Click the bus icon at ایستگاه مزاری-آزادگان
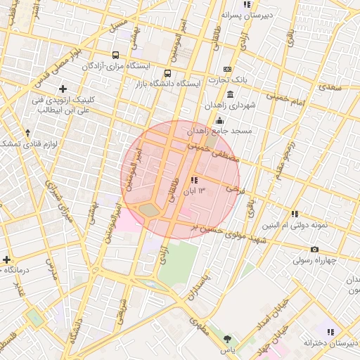[115, 55]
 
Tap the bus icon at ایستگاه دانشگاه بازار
[167, 73]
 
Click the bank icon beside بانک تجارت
[227, 69]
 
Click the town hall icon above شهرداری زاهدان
[231, 94]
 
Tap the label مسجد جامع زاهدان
[219, 131]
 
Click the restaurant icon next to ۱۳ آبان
[194, 180]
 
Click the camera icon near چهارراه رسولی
[314, 250]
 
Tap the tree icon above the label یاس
[226, 339]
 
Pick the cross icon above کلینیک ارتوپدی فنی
[63, 89]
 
